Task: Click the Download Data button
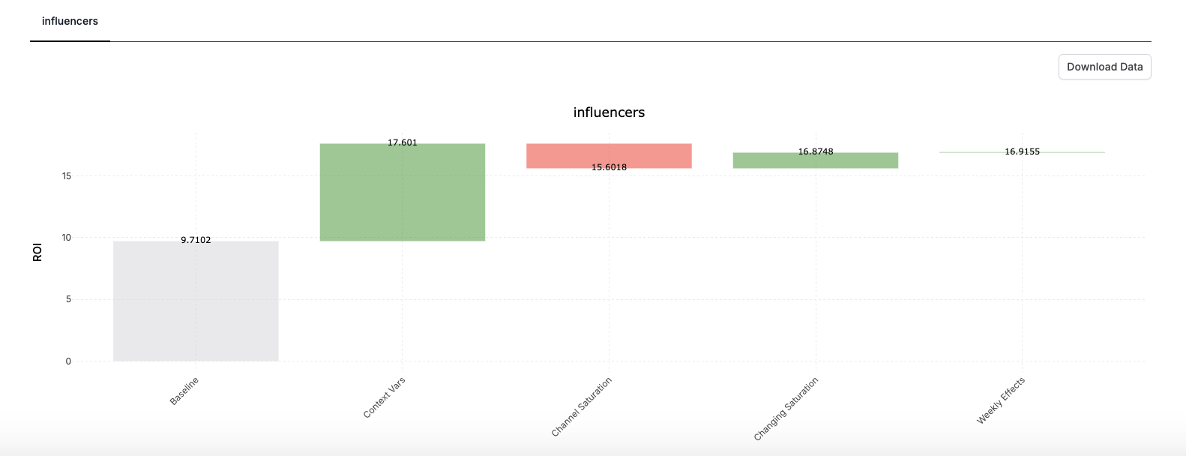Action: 1104,67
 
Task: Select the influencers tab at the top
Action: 70,21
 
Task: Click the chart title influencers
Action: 609,112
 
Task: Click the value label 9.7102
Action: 196,240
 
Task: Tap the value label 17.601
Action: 403,142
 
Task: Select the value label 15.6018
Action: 609,167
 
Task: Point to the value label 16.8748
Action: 816,151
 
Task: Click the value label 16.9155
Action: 1022,151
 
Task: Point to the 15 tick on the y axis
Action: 67,176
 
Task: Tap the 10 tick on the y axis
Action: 67,238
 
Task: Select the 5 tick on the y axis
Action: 68,299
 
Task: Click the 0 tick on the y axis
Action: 68,361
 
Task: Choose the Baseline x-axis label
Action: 184,391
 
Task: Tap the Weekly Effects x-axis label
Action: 1001,400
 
